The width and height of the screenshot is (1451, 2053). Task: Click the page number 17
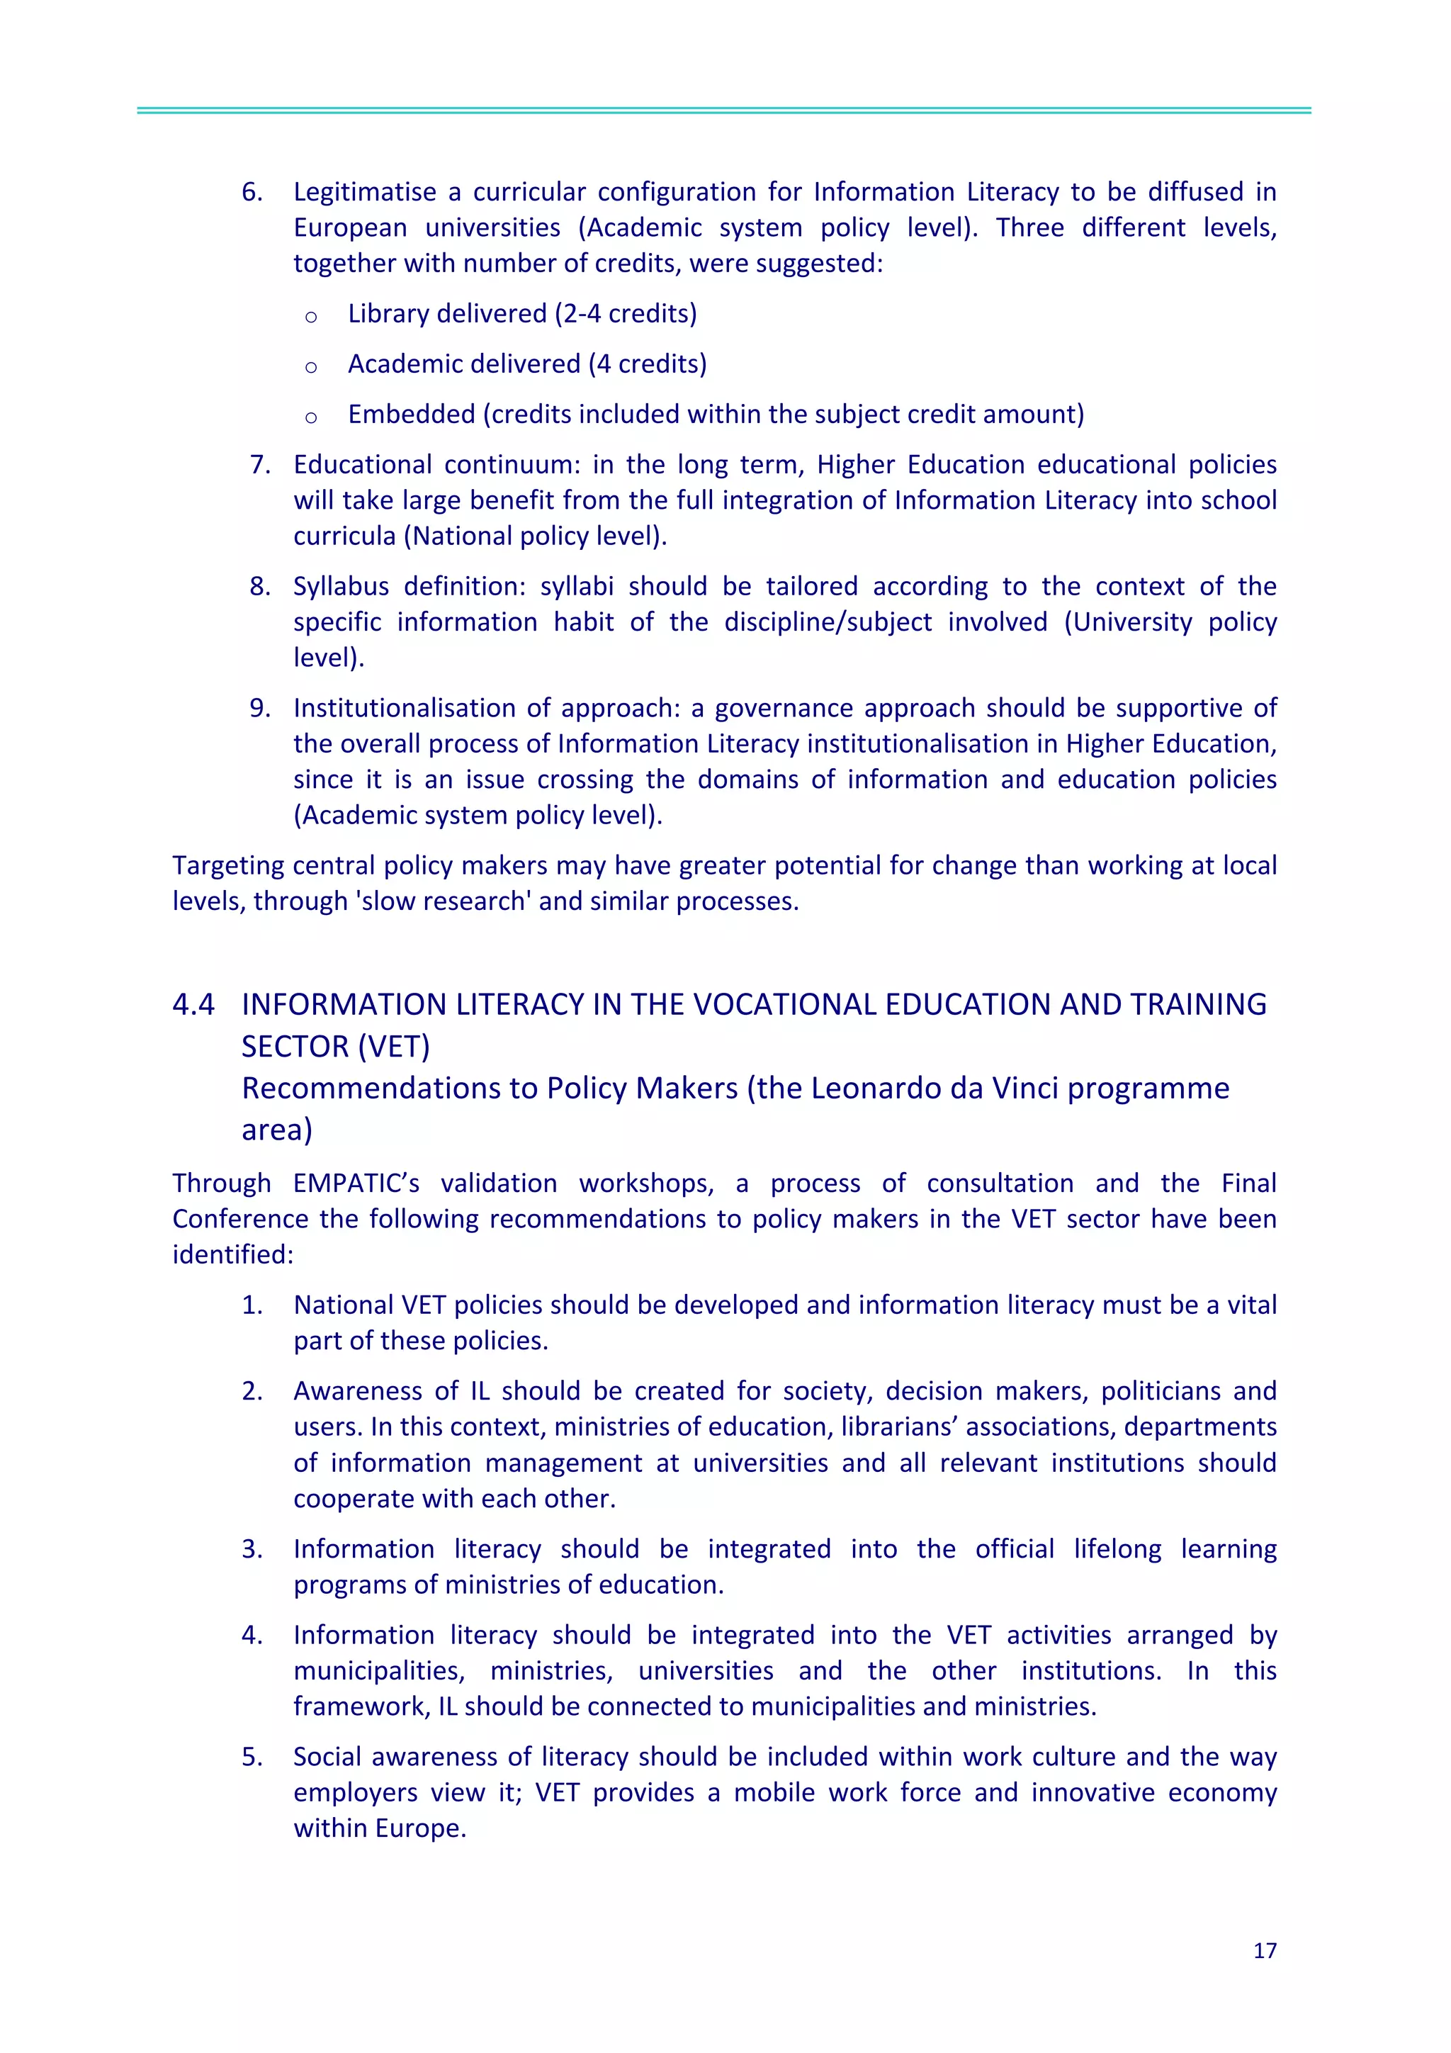pyautogui.click(x=1264, y=1950)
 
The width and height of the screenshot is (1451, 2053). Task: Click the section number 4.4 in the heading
pyautogui.click(x=193, y=1004)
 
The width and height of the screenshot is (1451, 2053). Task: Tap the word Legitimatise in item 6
pyautogui.click(x=365, y=192)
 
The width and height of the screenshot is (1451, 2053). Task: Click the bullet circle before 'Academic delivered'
pyautogui.click(x=311, y=366)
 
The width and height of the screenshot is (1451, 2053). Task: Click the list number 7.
pyautogui.click(x=259, y=465)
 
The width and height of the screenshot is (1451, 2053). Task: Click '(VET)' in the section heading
pyautogui.click(x=393, y=1046)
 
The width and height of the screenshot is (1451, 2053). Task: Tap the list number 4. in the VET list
pyautogui.click(x=252, y=1636)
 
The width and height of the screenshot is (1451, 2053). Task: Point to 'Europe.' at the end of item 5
pyautogui.click(x=419, y=1828)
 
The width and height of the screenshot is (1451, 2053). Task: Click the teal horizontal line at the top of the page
pyautogui.click(x=724, y=110)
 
